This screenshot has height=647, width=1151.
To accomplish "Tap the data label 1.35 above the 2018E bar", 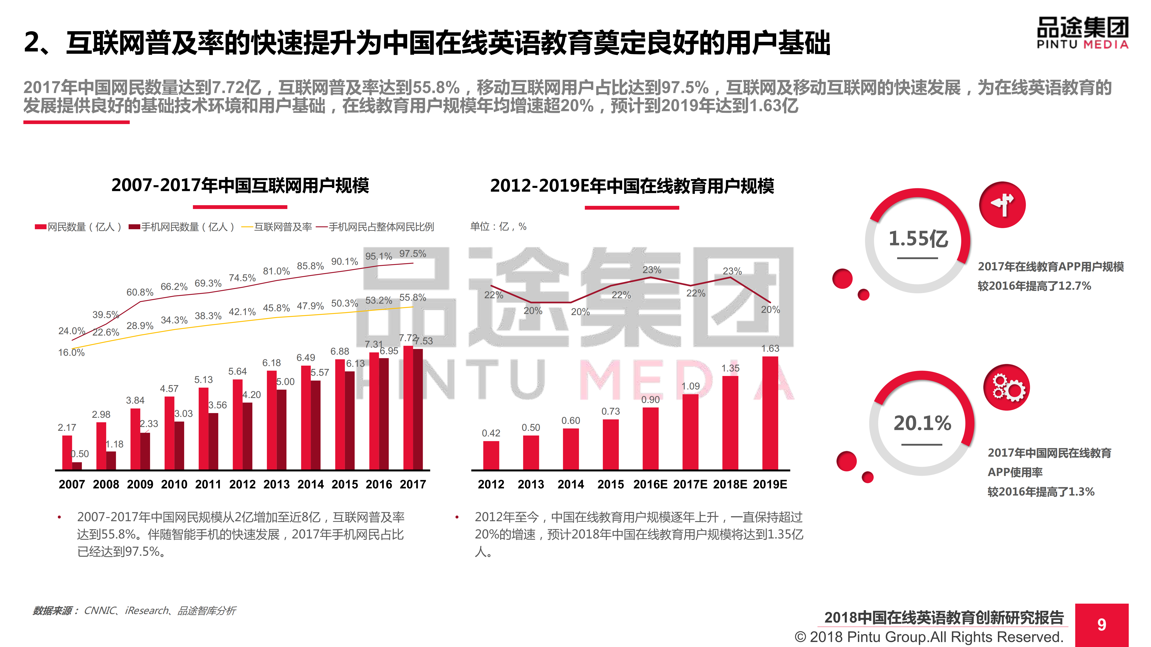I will [x=730, y=368].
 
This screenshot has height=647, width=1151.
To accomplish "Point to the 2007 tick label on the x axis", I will [x=72, y=485].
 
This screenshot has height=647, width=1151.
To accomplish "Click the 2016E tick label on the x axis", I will [x=650, y=485].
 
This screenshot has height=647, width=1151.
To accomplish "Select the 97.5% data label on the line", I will [x=412, y=254].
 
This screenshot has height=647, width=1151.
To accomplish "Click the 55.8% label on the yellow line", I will [x=412, y=297].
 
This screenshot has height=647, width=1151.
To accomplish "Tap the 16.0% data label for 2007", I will [x=71, y=352].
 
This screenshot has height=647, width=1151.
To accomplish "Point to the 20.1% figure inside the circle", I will [x=922, y=423].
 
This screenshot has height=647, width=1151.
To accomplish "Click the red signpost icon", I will [x=1002, y=205].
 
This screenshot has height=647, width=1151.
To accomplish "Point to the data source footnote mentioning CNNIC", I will [x=134, y=610].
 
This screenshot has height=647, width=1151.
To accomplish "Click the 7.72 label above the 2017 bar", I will [x=407, y=338].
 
